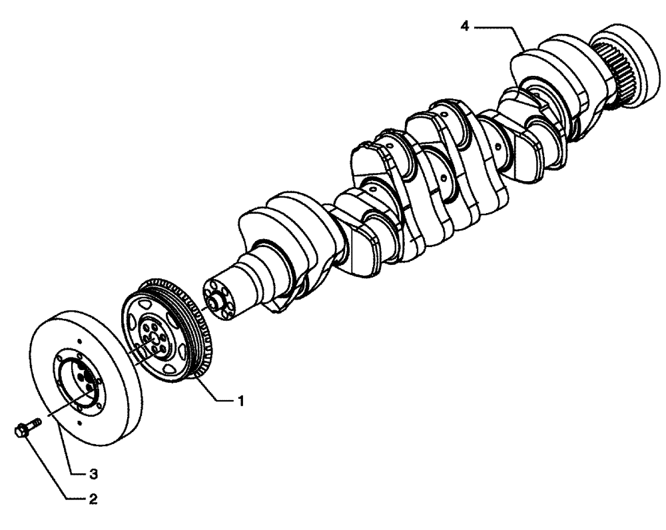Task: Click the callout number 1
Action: [240, 401]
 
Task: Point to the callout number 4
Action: [466, 27]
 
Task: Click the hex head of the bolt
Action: [20, 431]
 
